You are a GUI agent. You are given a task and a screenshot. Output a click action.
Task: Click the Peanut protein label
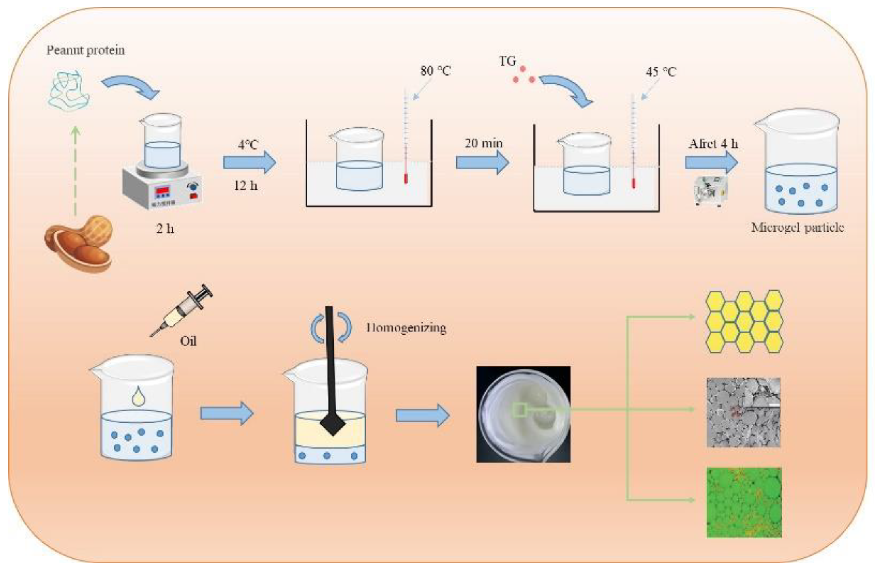click(x=86, y=50)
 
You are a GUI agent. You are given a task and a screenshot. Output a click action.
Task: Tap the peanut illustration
click(x=78, y=244)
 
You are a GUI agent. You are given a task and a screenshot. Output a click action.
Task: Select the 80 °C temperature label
click(x=435, y=71)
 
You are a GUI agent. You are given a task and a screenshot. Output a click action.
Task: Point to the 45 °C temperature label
click(x=661, y=72)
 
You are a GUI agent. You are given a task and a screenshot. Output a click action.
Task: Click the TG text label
click(x=507, y=61)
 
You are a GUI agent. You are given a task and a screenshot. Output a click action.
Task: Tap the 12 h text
click(x=246, y=185)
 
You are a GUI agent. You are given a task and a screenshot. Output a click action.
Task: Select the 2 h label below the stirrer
click(x=165, y=228)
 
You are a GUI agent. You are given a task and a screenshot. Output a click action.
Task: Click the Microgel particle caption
click(x=797, y=227)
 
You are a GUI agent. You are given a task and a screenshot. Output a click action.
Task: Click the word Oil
click(x=188, y=341)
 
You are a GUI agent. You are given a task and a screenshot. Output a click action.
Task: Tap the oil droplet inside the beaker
click(x=138, y=396)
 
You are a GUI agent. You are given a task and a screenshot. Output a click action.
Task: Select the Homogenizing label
click(x=406, y=328)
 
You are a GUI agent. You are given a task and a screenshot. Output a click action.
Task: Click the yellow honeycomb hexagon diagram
click(x=744, y=322)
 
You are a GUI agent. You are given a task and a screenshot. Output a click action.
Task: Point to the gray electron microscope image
click(x=743, y=412)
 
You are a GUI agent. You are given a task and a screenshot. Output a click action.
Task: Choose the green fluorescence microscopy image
click(x=744, y=502)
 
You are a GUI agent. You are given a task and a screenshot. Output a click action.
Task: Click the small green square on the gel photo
click(x=519, y=410)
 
